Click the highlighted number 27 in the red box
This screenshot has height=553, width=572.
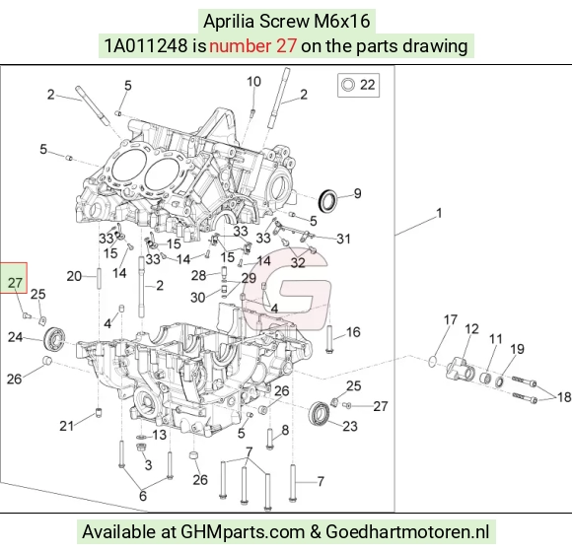15,283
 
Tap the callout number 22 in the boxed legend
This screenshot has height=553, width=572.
367,85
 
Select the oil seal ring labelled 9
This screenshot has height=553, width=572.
327,201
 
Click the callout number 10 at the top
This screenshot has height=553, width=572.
253,82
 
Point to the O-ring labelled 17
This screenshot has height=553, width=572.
433,361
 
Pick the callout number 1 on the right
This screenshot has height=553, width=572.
439,213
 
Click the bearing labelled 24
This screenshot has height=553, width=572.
54,338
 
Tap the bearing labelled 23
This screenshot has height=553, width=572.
320,413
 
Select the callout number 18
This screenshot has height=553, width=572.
564,397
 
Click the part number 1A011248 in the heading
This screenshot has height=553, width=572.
146,46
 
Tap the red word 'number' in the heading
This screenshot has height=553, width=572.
240,46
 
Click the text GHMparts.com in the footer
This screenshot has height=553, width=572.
243,532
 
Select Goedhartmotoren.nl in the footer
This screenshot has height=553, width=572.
407,532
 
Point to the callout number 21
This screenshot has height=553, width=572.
67,426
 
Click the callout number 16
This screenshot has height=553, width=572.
353,332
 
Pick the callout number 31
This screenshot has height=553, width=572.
343,239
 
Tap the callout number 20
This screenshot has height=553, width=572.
74,276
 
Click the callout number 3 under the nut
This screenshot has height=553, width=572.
148,465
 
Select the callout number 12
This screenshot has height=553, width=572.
471,329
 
